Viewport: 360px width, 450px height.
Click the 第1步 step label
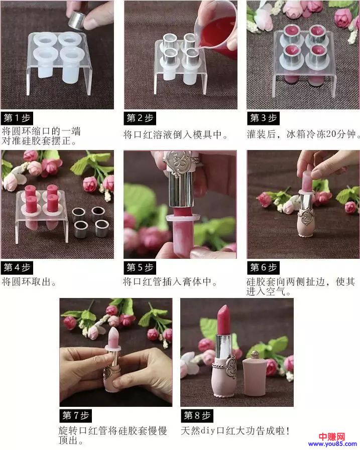coord(17,118)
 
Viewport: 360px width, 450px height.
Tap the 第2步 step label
coord(140,118)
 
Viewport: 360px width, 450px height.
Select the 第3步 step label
coord(263,118)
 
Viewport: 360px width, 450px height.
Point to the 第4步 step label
coord(17,267)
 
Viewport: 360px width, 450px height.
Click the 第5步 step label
coord(140,267)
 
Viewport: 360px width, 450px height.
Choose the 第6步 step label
coord(263,267)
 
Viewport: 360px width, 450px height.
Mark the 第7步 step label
coord(75,415)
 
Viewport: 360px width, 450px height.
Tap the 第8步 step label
coord(197,415)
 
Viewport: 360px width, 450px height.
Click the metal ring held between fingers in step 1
coord(77,20)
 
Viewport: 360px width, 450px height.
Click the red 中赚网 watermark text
coord(332,437)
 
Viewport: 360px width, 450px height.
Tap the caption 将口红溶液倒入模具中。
coord(176,134)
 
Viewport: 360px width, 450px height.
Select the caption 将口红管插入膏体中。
coord(170,282)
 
